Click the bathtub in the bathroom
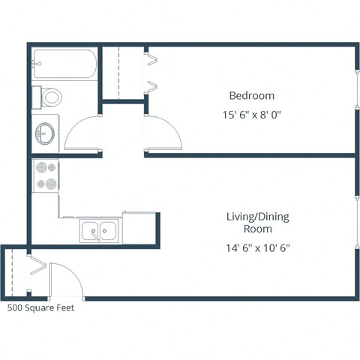(64, 65)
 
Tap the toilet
(50, 97)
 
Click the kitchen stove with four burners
(45, 175)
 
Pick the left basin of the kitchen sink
(90, 232)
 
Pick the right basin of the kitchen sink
(108, 232)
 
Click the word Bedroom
(251, 96)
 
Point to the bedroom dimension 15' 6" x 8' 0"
(251, 115)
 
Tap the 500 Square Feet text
(40, 307)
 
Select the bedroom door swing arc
(164, 133)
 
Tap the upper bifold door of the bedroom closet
(152, 55)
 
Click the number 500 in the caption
(15, 307)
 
